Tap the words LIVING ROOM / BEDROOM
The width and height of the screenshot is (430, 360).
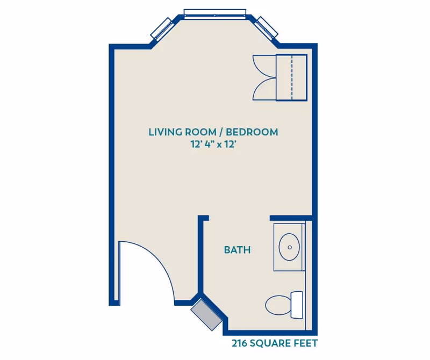213,132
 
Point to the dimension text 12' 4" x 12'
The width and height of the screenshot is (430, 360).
213,144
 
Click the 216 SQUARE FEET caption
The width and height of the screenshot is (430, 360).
275,342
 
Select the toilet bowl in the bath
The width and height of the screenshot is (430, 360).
277,305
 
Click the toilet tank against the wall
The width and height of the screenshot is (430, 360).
297,305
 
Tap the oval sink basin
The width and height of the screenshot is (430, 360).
290,247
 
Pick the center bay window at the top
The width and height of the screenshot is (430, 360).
215,13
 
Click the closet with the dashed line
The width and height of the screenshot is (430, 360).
291,77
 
